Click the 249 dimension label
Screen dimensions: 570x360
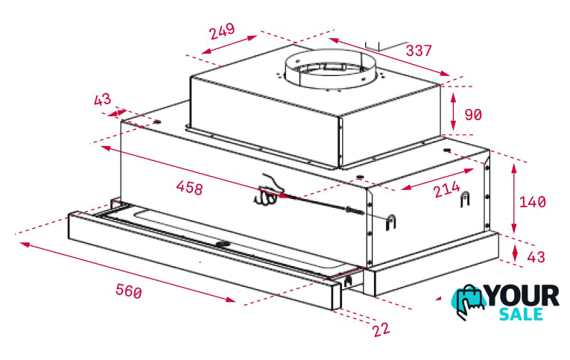(223, 31)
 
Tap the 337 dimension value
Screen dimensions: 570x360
(419, 51)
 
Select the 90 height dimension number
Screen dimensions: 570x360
(473, 115)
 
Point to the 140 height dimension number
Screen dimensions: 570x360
(533, 202)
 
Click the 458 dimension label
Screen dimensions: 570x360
(189, 188)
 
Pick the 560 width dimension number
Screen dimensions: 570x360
(129, 291)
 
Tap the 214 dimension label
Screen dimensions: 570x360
(447, 189)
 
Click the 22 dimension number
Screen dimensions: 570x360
(381, 329)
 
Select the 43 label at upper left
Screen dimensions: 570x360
(103, 99)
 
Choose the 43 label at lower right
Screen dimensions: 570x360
(536, 257)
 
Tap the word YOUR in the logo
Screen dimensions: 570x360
(522, 296)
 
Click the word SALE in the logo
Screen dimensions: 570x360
(521, 315)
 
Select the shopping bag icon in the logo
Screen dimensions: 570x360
(469, 302)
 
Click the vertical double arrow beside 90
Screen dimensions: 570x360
(453, 111)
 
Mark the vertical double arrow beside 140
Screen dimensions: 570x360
(513, 198)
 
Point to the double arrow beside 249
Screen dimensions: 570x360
(229, 45)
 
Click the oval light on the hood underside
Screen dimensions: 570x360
(222, 244)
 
